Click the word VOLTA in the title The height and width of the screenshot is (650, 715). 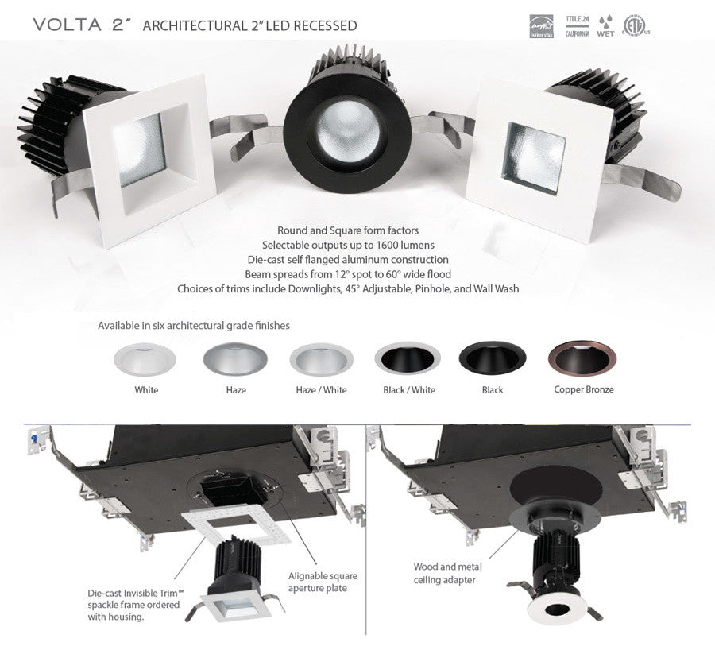coord(68,25)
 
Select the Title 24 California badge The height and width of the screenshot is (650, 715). coord(576,25)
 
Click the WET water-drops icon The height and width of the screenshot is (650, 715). coord(605,25)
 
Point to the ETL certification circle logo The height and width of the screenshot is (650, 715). coord(635,25)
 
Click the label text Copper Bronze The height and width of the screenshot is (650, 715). coord(583,390)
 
